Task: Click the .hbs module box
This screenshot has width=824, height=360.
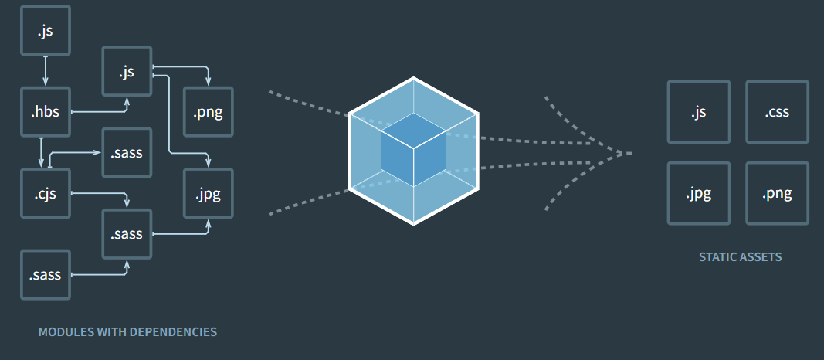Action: coord(46,113)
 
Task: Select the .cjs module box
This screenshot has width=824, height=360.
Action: coord(46,194)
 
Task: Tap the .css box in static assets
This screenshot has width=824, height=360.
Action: coord(777,112)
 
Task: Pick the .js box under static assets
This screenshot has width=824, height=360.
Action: coord(698,112)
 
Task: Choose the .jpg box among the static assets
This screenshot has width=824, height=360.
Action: coord(698,193)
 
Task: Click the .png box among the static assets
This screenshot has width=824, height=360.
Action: coord(777,193)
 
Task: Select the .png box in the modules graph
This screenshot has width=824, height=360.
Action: coord(208,113)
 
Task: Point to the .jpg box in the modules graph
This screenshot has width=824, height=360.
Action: coord(208,193)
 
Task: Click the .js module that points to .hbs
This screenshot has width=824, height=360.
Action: coord(46,32)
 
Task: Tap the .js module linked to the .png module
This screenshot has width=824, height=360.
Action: coord(127,72)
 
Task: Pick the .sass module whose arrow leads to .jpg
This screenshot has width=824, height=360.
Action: coord(127,233)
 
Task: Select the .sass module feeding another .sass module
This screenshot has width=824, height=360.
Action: coord(46,274)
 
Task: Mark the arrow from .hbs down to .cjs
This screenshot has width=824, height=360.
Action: coord(41,152)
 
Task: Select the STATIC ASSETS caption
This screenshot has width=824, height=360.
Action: coord(740,257)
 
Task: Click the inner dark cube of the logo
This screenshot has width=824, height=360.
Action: coord(413,151)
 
